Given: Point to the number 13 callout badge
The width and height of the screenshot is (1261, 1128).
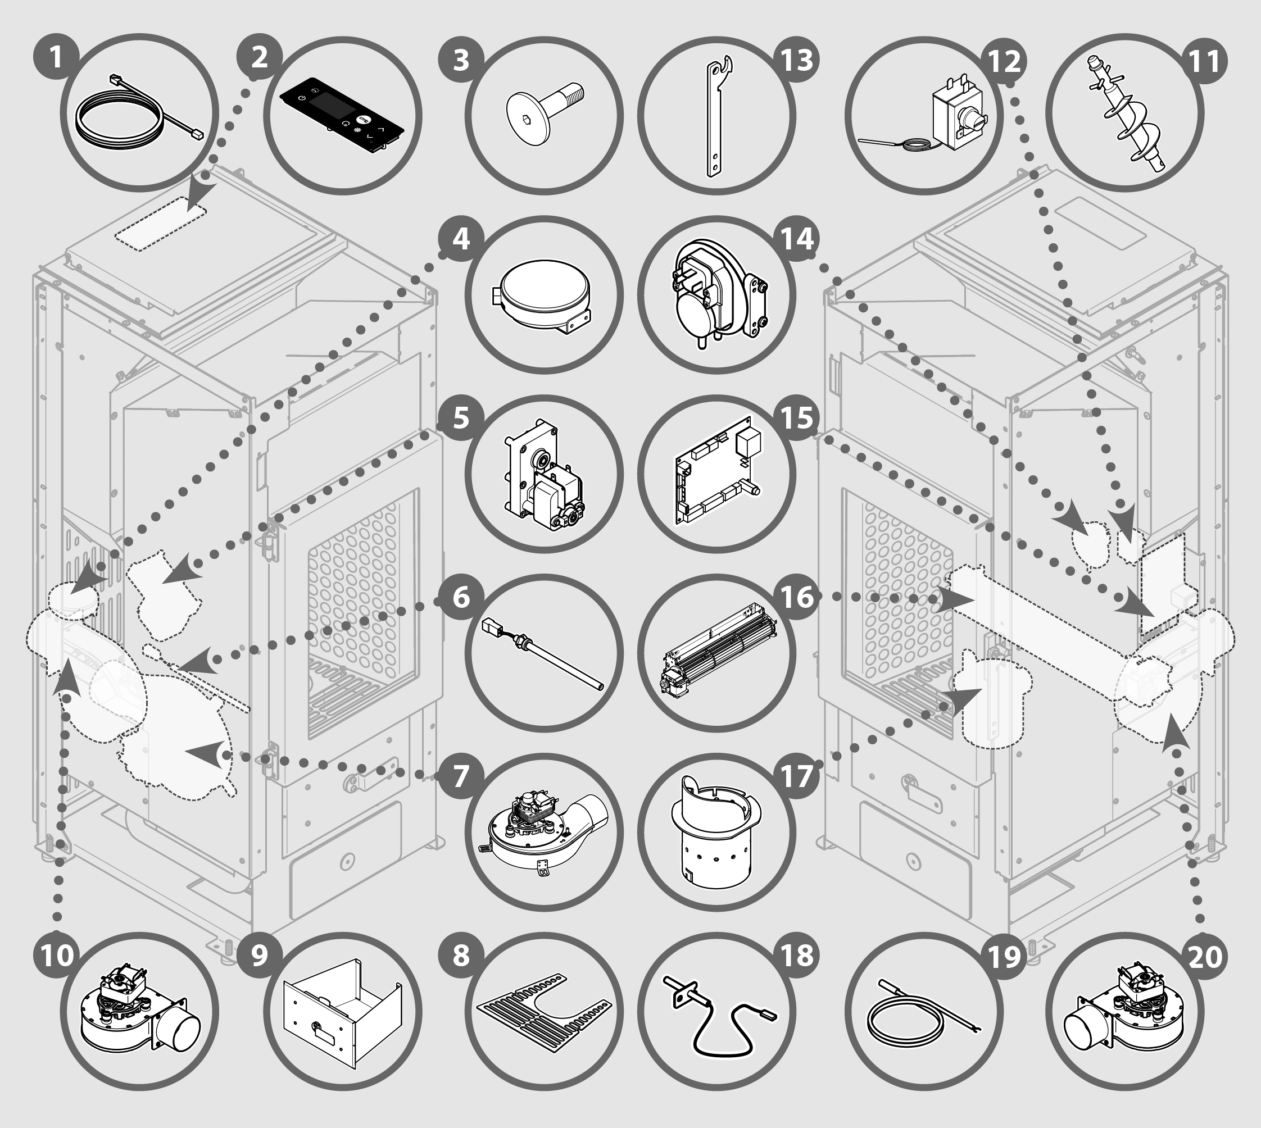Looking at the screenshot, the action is pyautogui.click(x=797, y=60).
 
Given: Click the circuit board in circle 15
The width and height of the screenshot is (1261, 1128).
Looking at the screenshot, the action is pyautogui.click(x=718, y=472).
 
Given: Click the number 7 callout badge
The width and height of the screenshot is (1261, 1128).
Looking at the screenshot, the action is pyautogui.click(x=461, y=776).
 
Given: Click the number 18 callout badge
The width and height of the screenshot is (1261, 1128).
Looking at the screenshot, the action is pyautogui.click(x=797, y=956).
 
